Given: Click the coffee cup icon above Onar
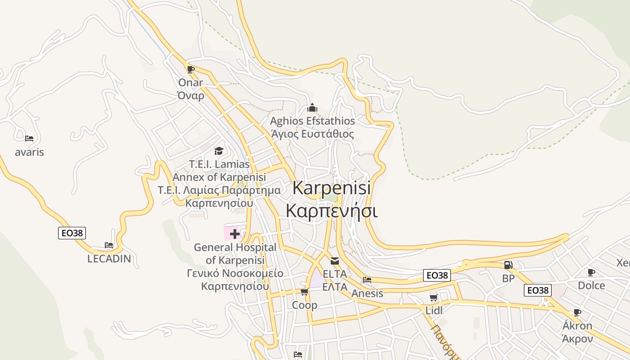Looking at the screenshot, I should click(191, 69).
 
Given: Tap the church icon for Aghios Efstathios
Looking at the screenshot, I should click(312, 108).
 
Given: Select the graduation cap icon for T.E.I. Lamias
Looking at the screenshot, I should click(219, 151).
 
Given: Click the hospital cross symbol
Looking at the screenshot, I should click(234, 234).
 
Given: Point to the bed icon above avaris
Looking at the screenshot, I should click(29, 139).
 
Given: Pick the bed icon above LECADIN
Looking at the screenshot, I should click(109, 245).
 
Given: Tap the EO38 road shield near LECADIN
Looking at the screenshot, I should click(72, 233).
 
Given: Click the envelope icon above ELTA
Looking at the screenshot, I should click(335, 261).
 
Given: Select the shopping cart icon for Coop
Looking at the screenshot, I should click(304, 292).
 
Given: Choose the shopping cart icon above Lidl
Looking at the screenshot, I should click(433, 297).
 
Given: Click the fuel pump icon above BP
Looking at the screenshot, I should click(508, 265).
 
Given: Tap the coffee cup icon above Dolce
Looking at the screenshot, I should click(591, 272).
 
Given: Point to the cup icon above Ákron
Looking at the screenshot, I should click(577, 312).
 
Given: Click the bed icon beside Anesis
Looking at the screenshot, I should click(367, 280).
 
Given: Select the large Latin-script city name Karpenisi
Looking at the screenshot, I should click(332, 188).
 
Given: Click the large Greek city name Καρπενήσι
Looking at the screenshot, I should click(332, 211).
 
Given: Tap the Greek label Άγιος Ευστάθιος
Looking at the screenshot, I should click(312, 134).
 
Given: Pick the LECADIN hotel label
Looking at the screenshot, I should click(109, 259).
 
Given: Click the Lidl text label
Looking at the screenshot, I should click(434, 310).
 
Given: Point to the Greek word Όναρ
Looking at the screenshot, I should click(191, 95).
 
